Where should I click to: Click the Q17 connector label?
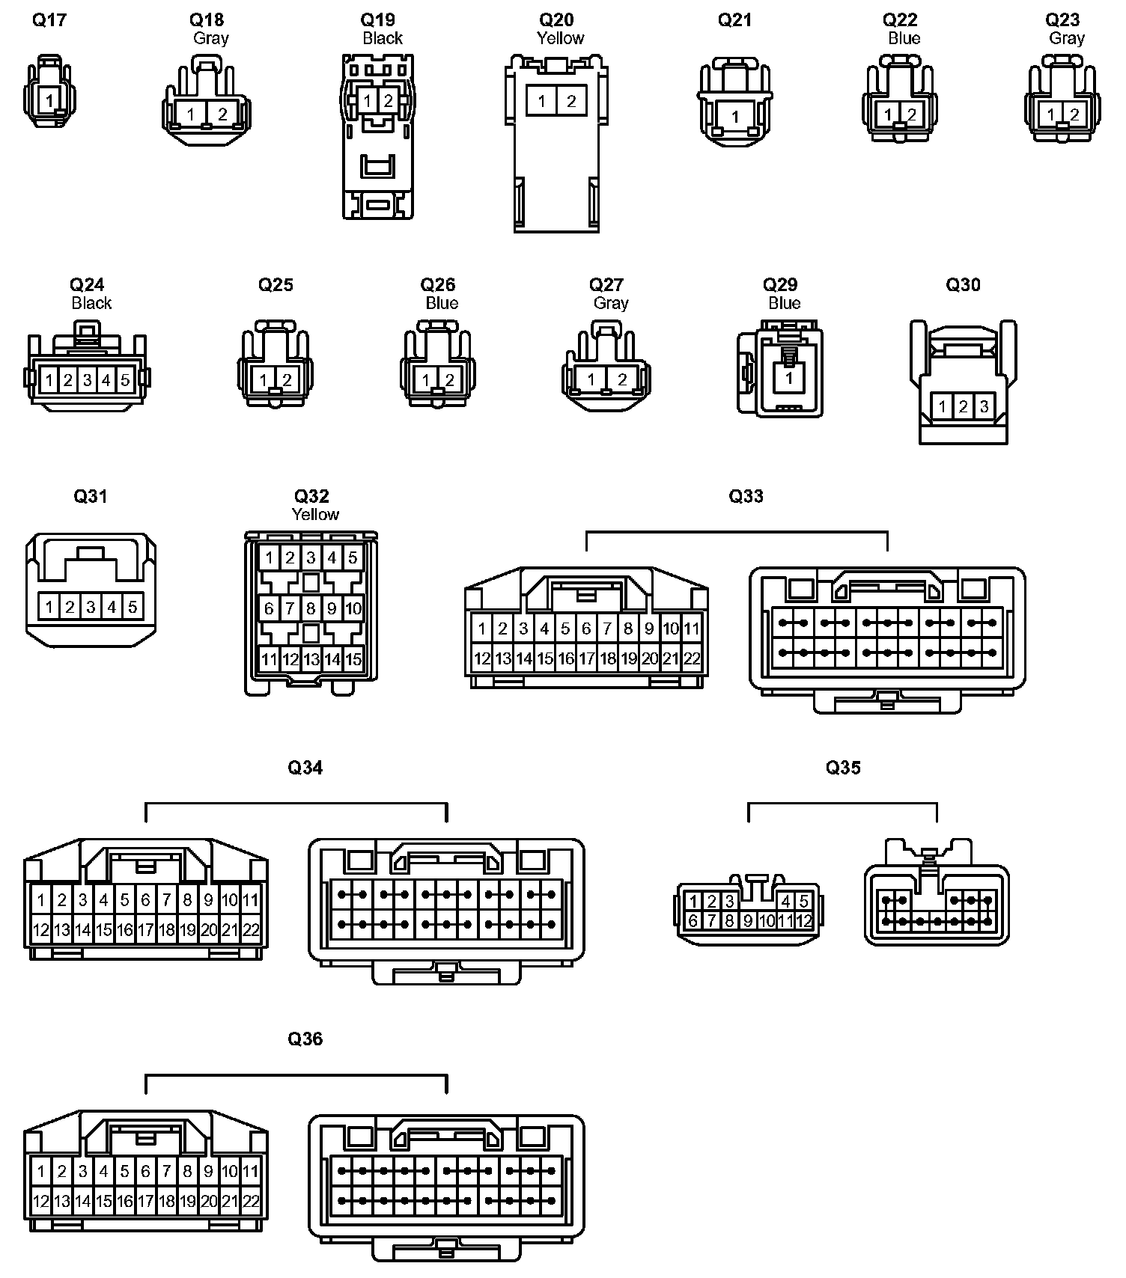(x=49, y=20)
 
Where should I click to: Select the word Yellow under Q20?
(x=560, y=38)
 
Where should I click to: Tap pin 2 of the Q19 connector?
(x=388, y=100)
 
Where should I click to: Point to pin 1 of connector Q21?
(x=735, y=116)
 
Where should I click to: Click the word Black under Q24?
(x=91, y=303)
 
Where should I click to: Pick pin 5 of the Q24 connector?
(x=125, y=380)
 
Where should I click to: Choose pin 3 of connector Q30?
(x=984, y=407)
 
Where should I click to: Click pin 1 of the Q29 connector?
(x=788, y=379)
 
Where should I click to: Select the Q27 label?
(x=606, y=285)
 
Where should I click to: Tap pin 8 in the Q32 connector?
(x=311, y=608)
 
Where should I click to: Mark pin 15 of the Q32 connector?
(x=353, y=659)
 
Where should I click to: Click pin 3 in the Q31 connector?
(x=91, y=606)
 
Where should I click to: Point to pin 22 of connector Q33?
(x=692, y=658)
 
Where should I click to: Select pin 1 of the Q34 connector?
(x=41, y=899)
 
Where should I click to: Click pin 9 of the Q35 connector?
(x=747, y=921)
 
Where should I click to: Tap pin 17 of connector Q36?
(x=146, y=1202)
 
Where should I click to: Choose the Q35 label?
(x=843, y=768)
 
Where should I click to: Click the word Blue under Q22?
(x=904, y=38)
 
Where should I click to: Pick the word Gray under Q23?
(x=1067, y=38)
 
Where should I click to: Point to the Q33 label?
(x=746, y=496)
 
